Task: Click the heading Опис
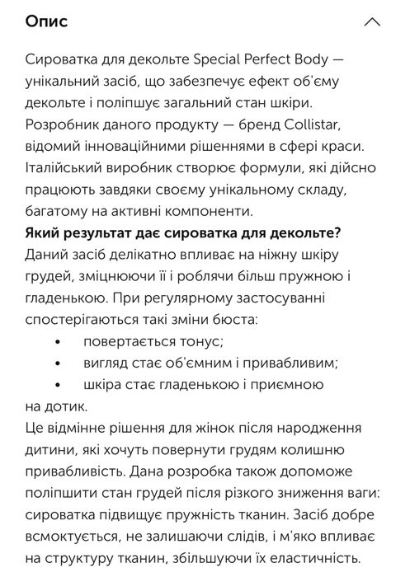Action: (47, 21)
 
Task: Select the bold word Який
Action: (44, 232)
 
